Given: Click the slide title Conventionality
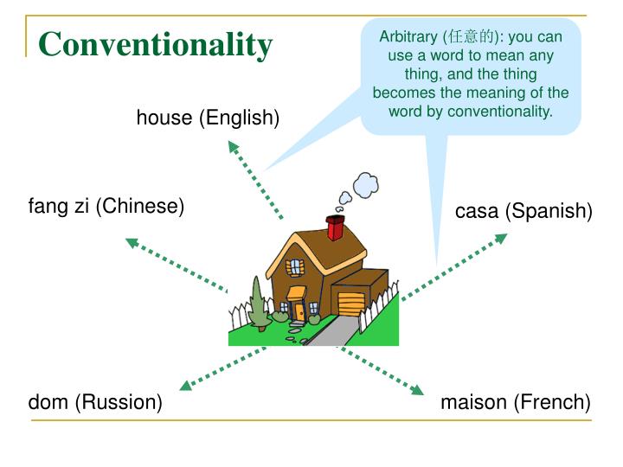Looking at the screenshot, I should tap(155, 44).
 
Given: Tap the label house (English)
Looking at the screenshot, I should tap(208, 118).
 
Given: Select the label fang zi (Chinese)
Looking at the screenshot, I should tap(106, 207).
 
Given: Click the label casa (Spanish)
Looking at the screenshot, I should tap(523, 211).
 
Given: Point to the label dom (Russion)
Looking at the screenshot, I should tap(95, 402).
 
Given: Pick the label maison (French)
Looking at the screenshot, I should tap(515, 402).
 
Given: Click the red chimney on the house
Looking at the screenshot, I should tap(335, 228).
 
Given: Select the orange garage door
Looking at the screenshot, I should tap(351, 304).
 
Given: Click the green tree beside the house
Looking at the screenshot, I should tap(258, 303).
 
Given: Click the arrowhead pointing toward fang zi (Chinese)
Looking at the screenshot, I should tap(132, 242).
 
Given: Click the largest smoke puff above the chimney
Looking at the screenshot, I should tap(362, 182).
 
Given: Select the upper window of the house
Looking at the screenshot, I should tap(298, 266).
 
